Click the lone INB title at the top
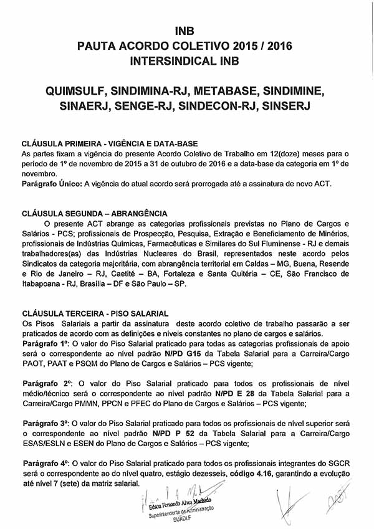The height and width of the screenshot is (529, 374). coord(186,31)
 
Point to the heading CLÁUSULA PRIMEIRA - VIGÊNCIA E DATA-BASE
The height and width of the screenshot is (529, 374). coord(110,143)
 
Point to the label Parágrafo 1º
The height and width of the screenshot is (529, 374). coord(46,343)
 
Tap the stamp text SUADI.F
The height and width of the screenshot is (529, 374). coord(181,517)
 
